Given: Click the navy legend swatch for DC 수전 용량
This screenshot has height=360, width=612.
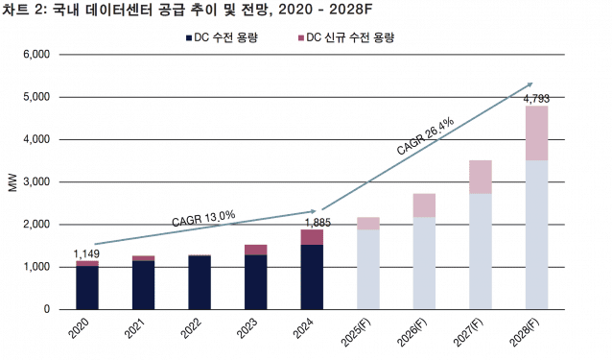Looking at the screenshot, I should pyautogui.click(x=188, y=37).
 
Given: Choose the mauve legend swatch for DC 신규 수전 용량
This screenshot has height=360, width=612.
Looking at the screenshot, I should pyautogui.click(x=301, y=37).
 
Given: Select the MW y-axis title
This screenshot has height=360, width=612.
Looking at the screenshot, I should pyautogui.click(x=12, y=182).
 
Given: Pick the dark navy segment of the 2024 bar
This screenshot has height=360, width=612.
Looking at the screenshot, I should pyautogui.click(x=312, y=276).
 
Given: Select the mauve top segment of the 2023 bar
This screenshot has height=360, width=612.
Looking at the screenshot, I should pyautogui.click(x=256, y=250).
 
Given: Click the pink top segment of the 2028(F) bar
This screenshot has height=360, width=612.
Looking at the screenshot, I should pyautogui.click(x=536, y=132).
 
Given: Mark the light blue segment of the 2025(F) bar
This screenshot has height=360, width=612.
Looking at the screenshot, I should pyautogui.click(x=367, y=269).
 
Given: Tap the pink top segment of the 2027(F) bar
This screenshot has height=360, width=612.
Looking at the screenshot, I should pyautogui.click(x=480, y=177).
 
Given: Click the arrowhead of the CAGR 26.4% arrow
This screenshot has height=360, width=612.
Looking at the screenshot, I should pyautogui.click(x=530, y=85).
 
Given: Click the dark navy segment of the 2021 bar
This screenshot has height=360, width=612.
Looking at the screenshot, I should pyautogui.click(x=143, y=285).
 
